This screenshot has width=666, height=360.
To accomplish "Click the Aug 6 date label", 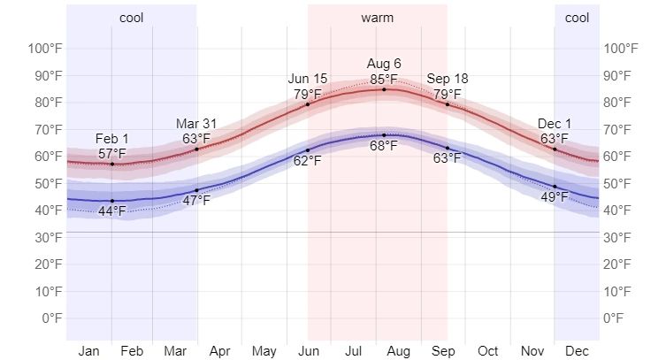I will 384,64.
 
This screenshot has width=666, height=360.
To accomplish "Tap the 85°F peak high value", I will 384,78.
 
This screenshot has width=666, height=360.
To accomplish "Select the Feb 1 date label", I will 111,139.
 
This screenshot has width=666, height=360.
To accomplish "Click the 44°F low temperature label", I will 111,211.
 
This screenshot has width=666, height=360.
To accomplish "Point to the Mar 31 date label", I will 196,124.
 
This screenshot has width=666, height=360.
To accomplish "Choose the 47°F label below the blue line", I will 196,201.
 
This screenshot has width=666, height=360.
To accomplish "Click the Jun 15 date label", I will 308,80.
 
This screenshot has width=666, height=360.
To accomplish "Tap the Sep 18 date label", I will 447,80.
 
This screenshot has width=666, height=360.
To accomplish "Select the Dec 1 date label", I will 555,124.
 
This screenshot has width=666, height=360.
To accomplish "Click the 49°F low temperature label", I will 555,196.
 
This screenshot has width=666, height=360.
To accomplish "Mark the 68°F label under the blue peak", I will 384,146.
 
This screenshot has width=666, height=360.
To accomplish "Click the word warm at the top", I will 378,18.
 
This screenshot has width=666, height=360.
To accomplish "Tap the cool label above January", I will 131,18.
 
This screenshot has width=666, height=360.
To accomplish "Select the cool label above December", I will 577,18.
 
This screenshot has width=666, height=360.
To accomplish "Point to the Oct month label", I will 488,351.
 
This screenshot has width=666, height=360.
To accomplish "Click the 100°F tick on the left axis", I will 44,48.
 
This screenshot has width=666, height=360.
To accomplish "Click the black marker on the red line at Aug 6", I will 384,89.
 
